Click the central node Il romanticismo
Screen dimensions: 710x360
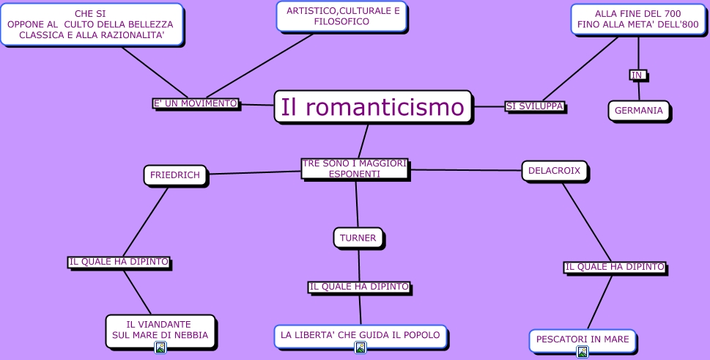point(373,107)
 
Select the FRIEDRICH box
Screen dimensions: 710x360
point(175,175)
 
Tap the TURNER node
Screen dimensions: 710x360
point(358,238)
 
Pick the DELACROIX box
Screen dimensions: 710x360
point(554,171)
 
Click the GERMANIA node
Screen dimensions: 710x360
point(638,111)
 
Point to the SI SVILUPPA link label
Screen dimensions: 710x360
point(534,106)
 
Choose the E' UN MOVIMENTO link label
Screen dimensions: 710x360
point(195,103)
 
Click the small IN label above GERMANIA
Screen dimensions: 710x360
point(637,75)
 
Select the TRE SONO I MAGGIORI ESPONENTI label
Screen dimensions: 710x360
point(355,169)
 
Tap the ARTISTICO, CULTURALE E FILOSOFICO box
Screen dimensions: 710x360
point(341,16)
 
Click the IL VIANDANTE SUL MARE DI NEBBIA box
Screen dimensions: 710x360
point(160,329)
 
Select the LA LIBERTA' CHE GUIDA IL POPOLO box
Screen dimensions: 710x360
point(360,335)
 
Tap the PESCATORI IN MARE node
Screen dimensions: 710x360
point(583,339)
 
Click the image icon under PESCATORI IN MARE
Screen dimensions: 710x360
point(583,352)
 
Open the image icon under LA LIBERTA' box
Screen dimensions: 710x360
point(360,348)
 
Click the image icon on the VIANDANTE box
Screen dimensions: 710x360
point(160,347)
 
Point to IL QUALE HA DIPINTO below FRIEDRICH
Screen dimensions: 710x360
point(119,262)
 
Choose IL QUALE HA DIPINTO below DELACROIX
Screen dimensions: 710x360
point(614,267)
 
